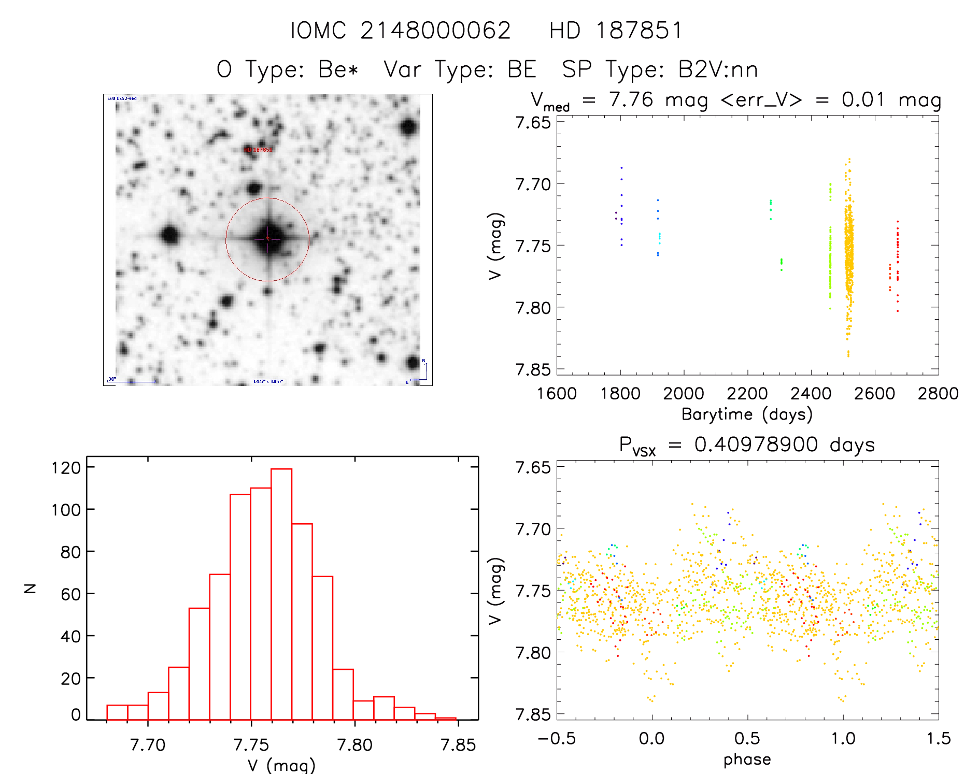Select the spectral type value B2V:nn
coord(718,69)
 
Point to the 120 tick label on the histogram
coord(66,468)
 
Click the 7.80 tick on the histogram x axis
coord(354,744)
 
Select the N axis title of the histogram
coord(30,588)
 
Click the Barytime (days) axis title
coord(747,414)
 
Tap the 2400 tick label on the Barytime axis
coord(811,394)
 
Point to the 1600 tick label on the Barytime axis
coord(557,394)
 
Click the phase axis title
coord(747,759)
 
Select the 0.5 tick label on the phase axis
coord(747,738)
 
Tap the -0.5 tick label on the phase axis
coord(557,738)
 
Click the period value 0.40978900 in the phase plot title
coord(756,445)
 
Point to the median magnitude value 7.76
coord(631,99)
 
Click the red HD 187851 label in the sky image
coord(258,150)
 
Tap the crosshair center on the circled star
coord(267,238)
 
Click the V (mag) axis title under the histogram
coord(281,765)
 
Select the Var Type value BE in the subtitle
coord(521,69)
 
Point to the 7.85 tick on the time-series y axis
coord(533,369)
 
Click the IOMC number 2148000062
coord(435,31)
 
